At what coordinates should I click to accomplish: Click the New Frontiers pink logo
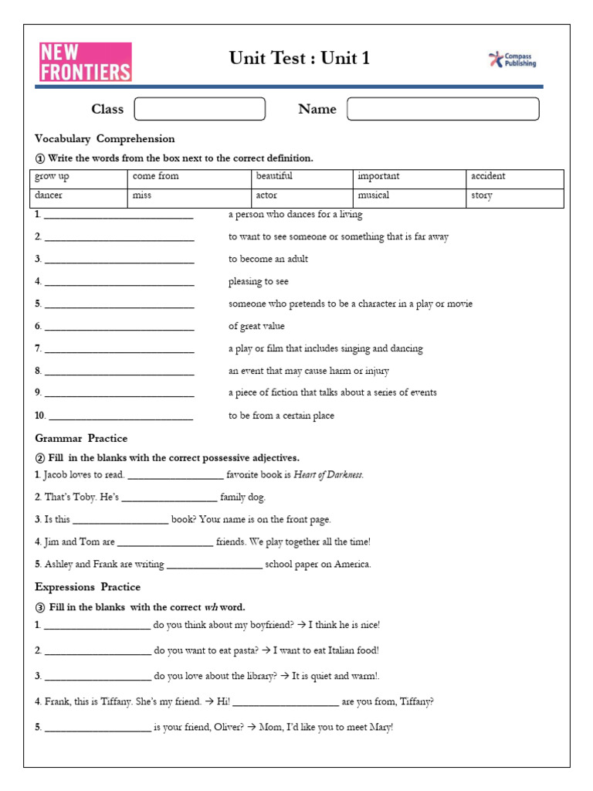tap(85, 62)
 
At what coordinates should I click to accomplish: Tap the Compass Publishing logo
tap(513, 59)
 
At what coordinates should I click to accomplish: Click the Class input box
tap(199, 109)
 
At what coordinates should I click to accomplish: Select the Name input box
tap(442, 109)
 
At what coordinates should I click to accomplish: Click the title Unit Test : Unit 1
tap(299, 59)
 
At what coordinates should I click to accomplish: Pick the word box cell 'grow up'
tap(78, 177)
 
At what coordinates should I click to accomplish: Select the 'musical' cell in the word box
tap(408, 196)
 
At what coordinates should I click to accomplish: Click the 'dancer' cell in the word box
tap(78, 196)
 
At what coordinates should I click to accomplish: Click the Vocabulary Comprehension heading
tap(105, 139)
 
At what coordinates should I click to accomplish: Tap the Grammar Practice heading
tap(81, 439)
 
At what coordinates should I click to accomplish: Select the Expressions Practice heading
tap(88, 587)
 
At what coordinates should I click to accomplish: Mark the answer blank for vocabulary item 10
tap(120, 417)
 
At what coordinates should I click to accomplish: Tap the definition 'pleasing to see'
tap(258, 282)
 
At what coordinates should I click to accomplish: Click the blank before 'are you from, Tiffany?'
tap(285, 703)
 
